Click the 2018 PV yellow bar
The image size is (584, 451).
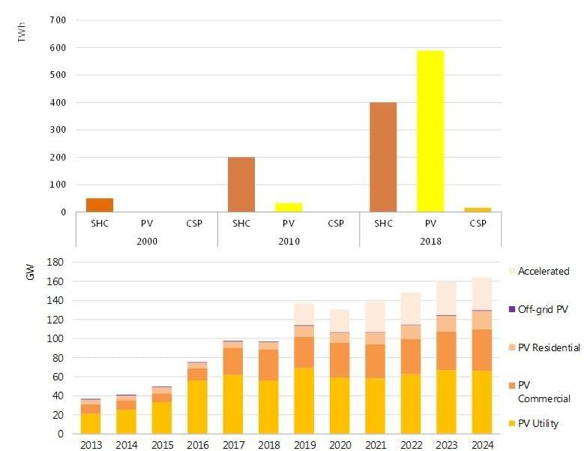tap(430, 131)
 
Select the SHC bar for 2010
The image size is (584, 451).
tap(241, 185)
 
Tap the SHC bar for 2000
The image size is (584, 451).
tap(99, 205)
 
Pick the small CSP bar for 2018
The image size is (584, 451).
tap(477, 209)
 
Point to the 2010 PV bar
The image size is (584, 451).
tap(289, 207)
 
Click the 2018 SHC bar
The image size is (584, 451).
tap(383, 157)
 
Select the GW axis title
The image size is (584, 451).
tap(30, 275)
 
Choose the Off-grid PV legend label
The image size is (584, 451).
tap(544, 308)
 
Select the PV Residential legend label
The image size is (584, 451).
tap(549, 347)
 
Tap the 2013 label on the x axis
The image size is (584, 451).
tap(91, 444)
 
